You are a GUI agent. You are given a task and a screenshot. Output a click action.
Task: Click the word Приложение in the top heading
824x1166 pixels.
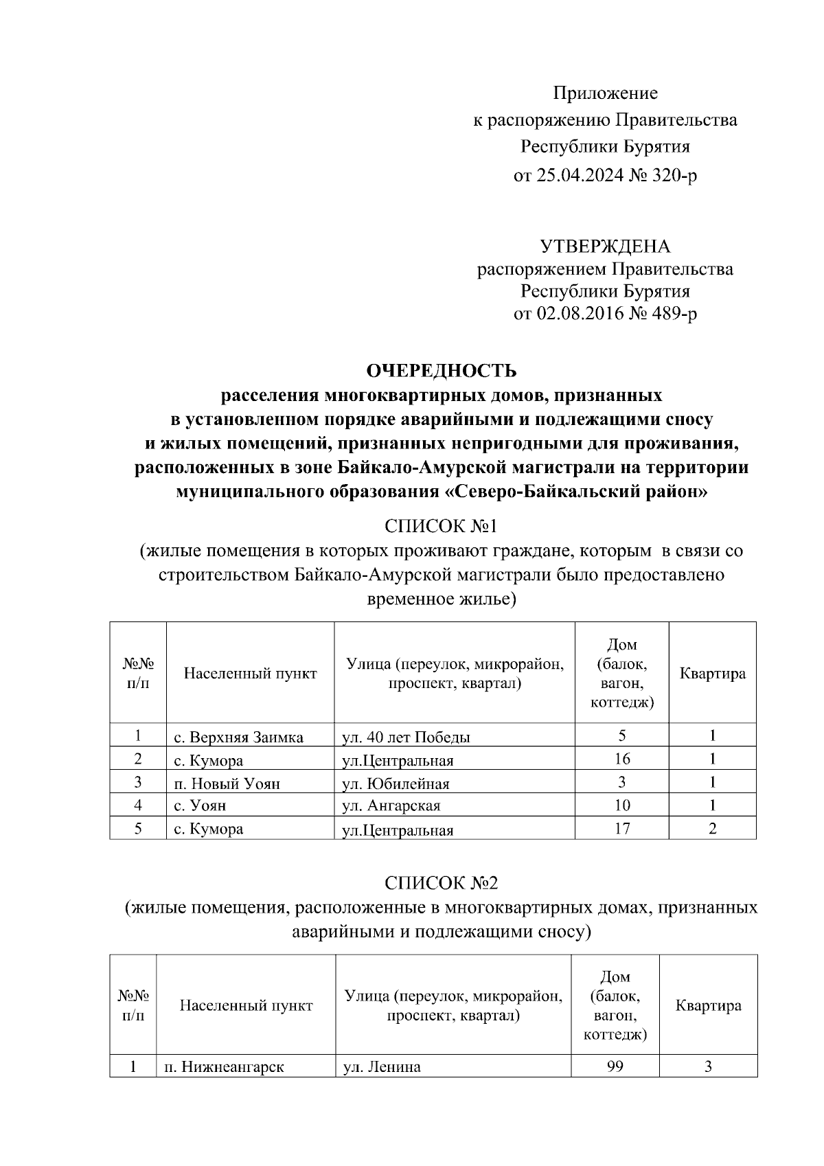(606, 93)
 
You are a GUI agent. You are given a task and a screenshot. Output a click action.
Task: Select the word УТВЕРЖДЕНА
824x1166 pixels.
(605, 247)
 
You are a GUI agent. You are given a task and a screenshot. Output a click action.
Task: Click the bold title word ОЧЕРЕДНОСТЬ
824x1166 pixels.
(442, 371)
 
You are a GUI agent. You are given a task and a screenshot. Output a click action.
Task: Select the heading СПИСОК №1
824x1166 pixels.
(441, 526)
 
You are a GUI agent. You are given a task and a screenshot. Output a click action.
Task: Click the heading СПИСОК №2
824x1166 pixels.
(441, 882)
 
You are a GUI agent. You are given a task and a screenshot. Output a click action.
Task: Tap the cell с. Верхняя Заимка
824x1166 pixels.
(238, 738)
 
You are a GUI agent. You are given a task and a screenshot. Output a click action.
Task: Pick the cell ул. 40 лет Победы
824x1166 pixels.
(407, 738)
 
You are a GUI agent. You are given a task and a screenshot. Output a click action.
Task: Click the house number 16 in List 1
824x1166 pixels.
(622, 759)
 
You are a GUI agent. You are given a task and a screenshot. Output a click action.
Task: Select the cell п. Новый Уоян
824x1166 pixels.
(227, 784)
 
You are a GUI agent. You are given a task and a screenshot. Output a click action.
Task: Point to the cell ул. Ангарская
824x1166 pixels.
(391, 805)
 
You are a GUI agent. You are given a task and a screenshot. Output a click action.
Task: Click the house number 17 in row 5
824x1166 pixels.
(622, 829)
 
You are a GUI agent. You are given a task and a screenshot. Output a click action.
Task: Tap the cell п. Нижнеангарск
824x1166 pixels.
(224, 1067)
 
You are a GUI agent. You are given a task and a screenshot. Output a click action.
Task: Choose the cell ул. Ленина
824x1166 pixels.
(382, 1067)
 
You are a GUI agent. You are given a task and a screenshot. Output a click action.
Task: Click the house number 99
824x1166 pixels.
(615, 1066)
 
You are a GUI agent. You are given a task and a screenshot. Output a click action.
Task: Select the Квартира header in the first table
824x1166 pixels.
(713, 673)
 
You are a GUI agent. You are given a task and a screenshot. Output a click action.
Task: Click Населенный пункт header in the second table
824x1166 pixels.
(246, 1005)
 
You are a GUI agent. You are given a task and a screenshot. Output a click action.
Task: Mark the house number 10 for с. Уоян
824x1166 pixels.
(622, 805)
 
